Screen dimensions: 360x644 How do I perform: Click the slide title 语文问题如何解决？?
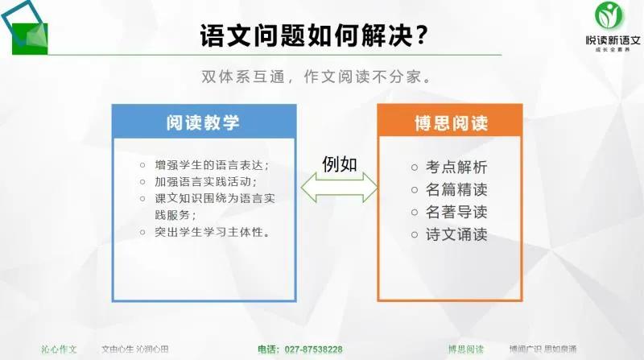(x=314, y=36)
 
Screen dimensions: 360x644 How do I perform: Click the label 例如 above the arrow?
(x=339, y=162)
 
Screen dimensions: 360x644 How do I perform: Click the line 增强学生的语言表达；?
(x=212, y=165)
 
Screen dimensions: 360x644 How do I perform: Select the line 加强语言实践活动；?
(x=205, y=181)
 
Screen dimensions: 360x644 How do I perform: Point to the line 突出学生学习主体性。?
(x=212, y=233)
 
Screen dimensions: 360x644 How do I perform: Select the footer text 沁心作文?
(x=60, y=350)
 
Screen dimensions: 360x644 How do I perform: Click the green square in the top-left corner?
(x=30, y=35)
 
